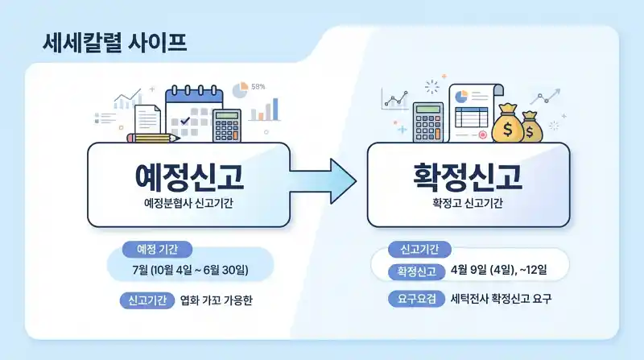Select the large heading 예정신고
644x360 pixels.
[188, 176]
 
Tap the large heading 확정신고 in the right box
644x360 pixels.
[468, 176]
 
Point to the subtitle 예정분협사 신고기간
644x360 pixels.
[188, 205]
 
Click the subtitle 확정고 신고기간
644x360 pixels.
[468, 205]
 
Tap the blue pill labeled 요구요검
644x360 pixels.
[415, 299]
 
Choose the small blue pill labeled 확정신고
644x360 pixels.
[415, 271]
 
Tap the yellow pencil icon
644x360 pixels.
[153, 138]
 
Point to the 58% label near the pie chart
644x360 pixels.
[258, 86]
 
